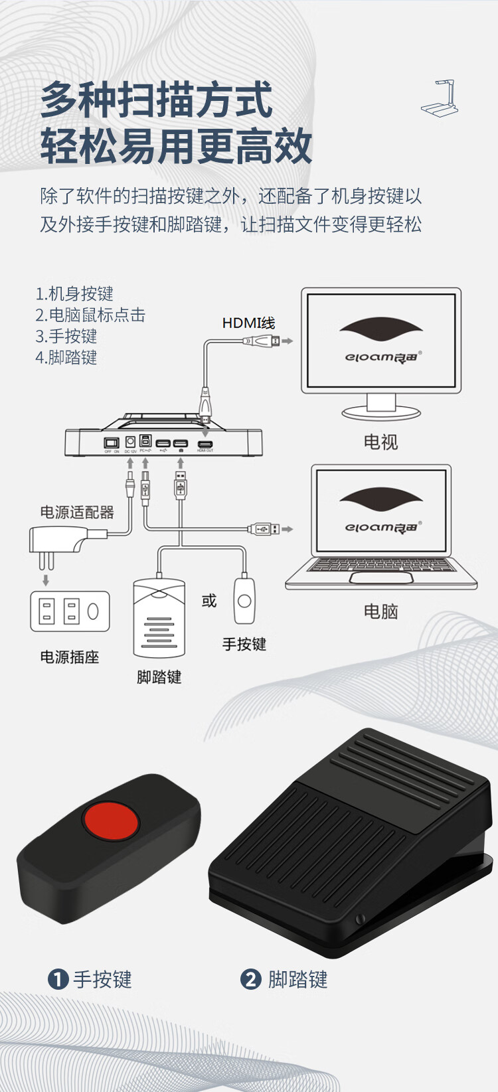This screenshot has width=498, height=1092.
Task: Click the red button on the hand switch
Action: [x=110, y=821]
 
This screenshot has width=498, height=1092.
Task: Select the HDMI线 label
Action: [x=248, y=323]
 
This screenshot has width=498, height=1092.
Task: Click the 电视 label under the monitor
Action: [x=380, y=442]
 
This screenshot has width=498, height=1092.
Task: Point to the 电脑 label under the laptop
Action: [x=380, y=611]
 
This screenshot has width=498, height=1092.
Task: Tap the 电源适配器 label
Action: [x=77, y=512]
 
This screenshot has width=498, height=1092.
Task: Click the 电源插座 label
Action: [x=69, y=657]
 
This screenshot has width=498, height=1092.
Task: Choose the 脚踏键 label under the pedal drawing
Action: [x=159, y=677]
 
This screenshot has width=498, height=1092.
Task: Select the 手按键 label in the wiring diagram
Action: [x=244, y=644]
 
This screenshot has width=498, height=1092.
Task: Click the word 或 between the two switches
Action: [x=209, y=601]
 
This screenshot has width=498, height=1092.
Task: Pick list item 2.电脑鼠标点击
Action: [x=90, y=315]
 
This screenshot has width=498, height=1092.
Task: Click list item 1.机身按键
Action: [x=74, y=293]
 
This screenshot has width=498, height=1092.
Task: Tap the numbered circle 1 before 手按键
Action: [x=58, y=979]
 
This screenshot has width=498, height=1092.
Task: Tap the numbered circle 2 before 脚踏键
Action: [x=250, y=979]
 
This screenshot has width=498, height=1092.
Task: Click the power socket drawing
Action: [x=70, y=611]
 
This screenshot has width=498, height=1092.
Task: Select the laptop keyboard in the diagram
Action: [x=380, y=565]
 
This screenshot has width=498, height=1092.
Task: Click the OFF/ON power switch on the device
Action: [x=112, y=442]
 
